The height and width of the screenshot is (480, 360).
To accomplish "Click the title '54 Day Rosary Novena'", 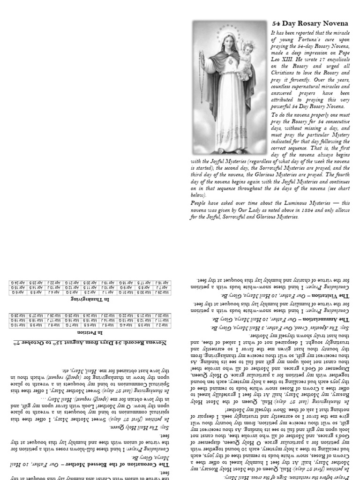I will pos(310,23).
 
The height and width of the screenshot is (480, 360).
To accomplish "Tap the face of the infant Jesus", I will pos(247,48).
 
